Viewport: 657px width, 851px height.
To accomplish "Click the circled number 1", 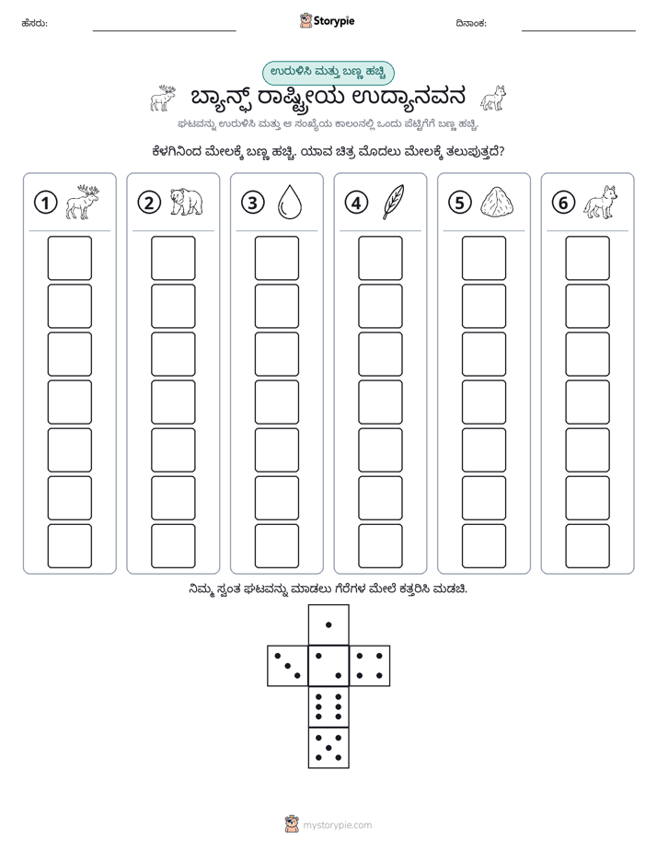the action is pos(45,203).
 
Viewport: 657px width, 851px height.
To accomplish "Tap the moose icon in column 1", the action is pos(83,202).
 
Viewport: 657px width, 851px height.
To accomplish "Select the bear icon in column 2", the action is pos(187,202).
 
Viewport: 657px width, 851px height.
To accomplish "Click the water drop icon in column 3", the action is pos(290,202).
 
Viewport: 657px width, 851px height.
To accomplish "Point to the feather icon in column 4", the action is pos(394,202).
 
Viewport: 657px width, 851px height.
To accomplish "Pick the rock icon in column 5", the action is pos(497,202).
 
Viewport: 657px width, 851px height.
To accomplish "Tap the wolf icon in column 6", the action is pos(601,202).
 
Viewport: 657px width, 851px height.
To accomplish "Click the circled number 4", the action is pos(356,203).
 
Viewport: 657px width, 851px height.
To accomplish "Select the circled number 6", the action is pos(563,203).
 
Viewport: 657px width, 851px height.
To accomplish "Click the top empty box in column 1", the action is pos(69,258).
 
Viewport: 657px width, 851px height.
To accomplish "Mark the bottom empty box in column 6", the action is pos(588,546).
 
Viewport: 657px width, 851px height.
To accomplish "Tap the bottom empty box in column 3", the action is pos(277,546).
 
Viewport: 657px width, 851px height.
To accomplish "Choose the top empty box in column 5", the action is pos(484,258).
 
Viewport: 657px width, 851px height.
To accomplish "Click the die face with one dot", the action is pos(328,624).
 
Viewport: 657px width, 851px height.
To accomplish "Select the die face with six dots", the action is pos(328,706).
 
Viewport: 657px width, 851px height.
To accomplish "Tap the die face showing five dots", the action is pos(328,747).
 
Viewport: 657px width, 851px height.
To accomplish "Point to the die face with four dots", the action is pos(370,665).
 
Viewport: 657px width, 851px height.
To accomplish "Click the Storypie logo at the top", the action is pos(327,21).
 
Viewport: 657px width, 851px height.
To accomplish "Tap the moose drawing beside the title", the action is pos(163,99).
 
